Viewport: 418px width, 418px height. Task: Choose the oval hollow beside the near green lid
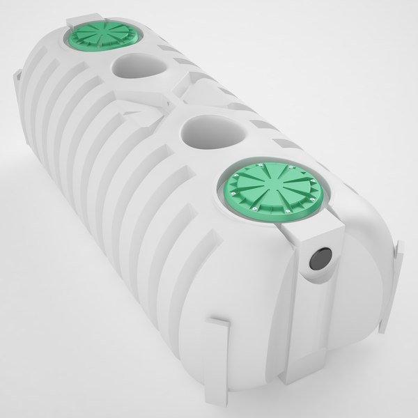click(207, 132)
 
